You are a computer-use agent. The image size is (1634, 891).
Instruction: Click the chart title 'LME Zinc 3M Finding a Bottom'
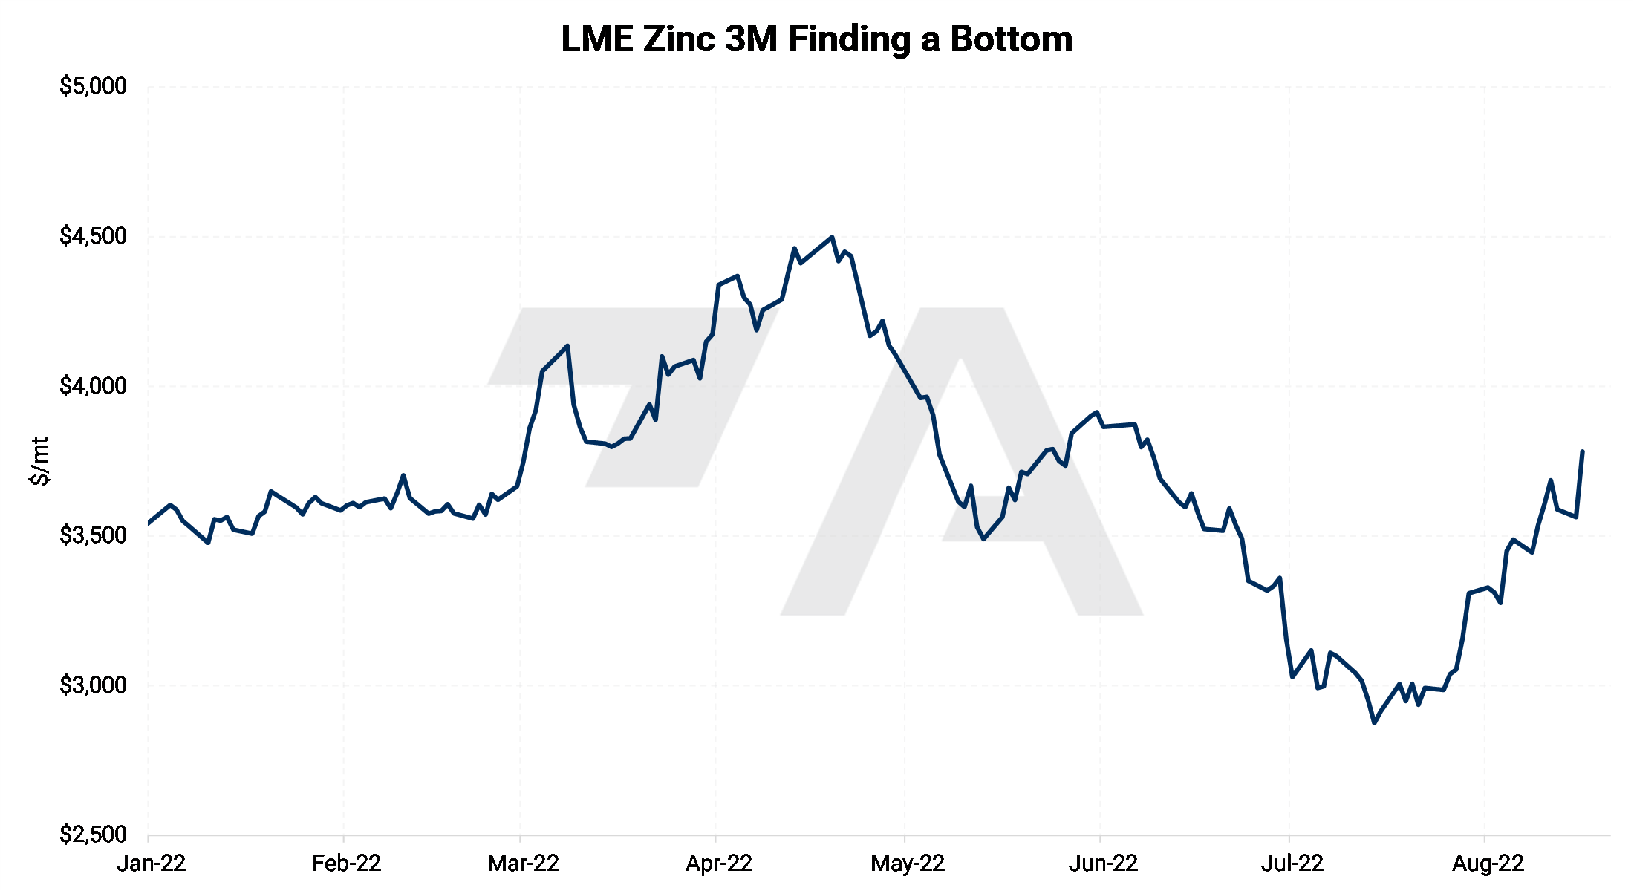point(816,39)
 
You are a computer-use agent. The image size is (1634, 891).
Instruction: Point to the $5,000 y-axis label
point(93,86)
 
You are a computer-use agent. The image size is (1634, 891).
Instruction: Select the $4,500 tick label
point(93,236)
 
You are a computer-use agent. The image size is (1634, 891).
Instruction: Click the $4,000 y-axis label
point(93,386)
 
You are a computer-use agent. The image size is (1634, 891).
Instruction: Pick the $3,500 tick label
point(93,535)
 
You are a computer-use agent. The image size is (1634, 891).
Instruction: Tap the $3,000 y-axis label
point(93,685)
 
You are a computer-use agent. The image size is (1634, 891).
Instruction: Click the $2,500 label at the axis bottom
point(93,835)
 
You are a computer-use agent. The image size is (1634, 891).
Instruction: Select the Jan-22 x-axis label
point(151,864)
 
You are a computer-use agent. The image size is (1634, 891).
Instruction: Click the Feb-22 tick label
point(346,864)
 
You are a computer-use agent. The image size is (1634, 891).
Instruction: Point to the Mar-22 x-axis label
point(523,864)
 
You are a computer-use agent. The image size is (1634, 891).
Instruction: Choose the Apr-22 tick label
point(718,864)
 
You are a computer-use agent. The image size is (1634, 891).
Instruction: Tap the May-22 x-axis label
point(907,864)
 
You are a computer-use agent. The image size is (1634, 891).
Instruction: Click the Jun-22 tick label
point(1103,864)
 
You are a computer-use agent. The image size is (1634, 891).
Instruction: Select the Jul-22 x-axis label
point(1292,864)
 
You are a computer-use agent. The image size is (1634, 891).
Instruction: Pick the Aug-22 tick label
point(1488,864)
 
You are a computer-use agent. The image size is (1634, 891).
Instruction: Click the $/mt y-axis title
point(39,461)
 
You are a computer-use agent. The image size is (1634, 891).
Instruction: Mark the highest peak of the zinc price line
point(832,238)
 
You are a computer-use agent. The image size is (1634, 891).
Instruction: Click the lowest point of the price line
point(1374,722)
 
